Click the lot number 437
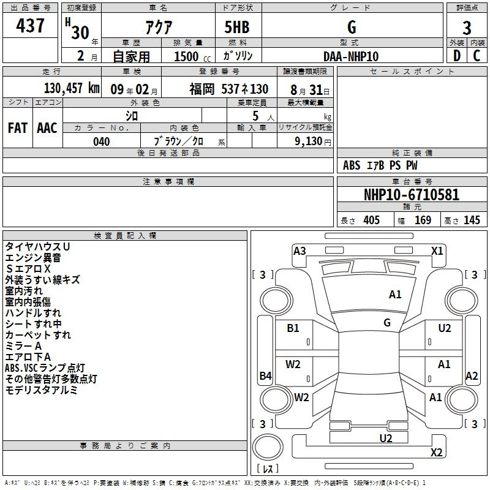click(x=30, y=25)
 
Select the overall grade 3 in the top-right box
click(x=467, y=28)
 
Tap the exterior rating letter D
click(x=457, y=56)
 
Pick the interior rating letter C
click(x=477, y=56)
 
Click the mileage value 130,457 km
click(x=72, y=88)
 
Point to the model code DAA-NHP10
click(x=350, y=56)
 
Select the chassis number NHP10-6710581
click(x=412, y=195)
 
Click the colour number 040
click(x=101, y=141)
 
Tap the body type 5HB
click(x=237, y=27)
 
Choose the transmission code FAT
click(x=18, y=128)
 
